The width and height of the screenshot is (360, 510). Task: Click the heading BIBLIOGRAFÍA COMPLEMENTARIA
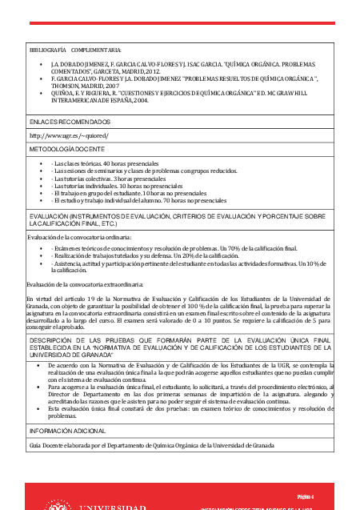[x=75, y=49]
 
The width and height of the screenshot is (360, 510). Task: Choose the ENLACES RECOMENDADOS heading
[x=70, y=121]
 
